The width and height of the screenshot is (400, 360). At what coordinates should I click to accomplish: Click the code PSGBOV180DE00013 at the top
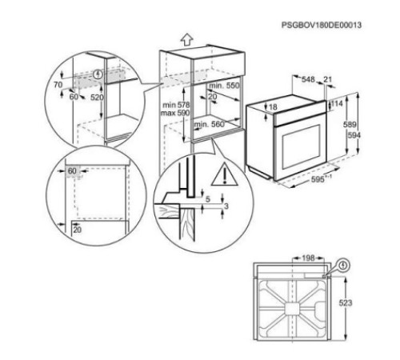tap(322, 25)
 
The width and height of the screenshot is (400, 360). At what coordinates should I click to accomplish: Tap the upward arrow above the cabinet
tap(186, 40)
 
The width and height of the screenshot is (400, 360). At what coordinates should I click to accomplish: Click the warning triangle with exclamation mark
tap(225, 174)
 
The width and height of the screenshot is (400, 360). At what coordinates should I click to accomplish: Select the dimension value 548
tap(308, 79)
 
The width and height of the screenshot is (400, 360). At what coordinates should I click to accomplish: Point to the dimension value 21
tap(327, 79)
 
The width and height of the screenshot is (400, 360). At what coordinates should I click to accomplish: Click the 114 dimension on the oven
tap(337, 103)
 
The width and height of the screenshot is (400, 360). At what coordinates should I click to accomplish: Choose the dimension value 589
tap(350, 125)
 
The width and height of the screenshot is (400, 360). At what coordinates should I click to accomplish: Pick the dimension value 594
tap(354, 135)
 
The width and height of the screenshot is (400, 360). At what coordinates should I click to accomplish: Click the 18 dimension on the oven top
tap(273, 107)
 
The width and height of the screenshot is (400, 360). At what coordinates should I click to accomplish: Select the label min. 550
tap(224, 86)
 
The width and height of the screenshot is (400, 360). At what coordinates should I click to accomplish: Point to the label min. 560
tap(209, 124)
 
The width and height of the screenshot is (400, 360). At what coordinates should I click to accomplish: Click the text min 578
tap(176, 105)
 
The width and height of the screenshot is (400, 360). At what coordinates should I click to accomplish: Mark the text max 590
tap(175, 113)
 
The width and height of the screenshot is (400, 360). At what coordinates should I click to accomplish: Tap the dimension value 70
tap(58, 85)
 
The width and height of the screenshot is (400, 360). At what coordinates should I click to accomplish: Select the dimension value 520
tap(97, 98)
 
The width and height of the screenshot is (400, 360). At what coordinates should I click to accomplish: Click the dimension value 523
tap(346, 302)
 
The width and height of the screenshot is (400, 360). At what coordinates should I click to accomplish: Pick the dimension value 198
tap(309, 258)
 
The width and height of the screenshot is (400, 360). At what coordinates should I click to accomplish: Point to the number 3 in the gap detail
tap(226, 206)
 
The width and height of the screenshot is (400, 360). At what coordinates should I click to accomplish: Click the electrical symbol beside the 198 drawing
tap(344, 266)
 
